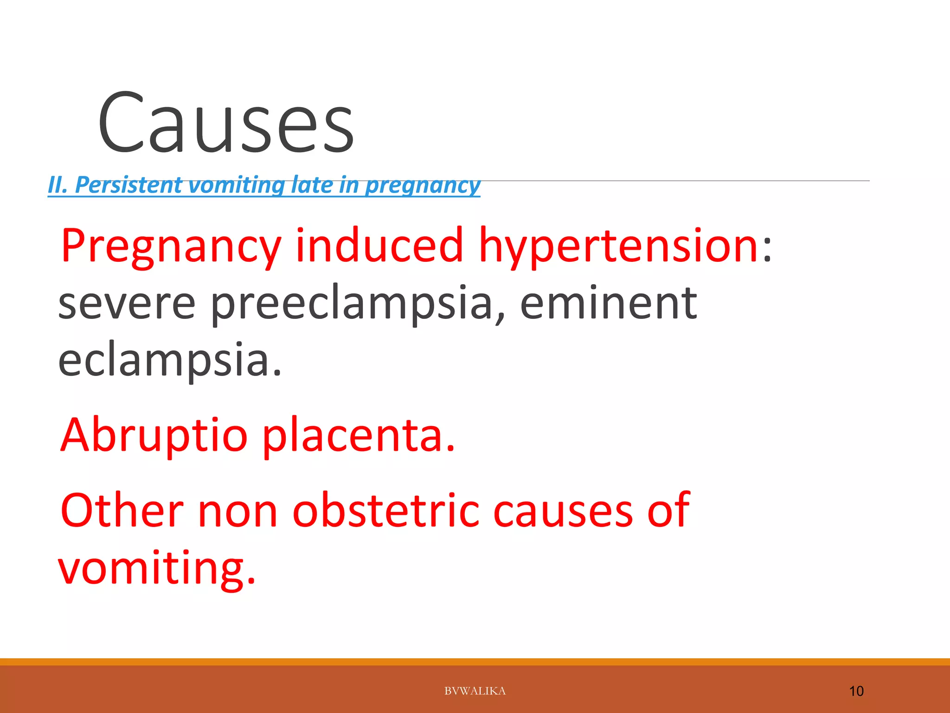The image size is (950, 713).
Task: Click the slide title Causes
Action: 226,123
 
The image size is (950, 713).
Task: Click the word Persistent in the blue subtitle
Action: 128,185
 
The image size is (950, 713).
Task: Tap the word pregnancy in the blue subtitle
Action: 422,185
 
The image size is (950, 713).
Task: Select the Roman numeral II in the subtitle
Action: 58,185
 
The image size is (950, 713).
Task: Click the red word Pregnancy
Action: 171,246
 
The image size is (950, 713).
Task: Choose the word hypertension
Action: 618,246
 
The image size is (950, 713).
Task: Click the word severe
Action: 127,304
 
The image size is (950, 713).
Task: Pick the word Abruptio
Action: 154,435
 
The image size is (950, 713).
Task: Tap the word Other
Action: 122,511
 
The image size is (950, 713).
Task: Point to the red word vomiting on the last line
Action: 156,568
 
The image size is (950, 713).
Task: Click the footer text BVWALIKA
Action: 475,691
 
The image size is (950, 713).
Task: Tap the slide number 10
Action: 856,691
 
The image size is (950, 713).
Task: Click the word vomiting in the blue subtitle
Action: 237,185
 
